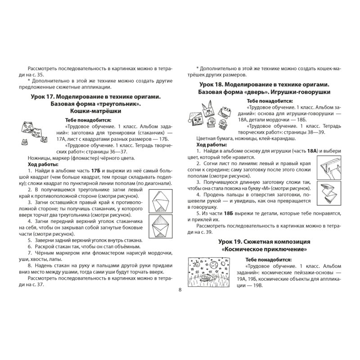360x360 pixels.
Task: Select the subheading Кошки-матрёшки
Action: coord(96,111)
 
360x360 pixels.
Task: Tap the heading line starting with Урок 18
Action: coord(263,85)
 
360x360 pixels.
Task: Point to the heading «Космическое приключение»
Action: coord(265,249)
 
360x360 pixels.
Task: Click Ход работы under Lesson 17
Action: coord(39,165)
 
